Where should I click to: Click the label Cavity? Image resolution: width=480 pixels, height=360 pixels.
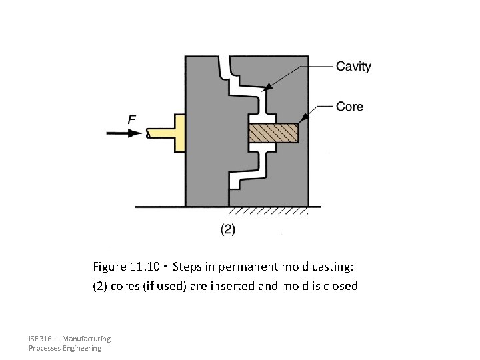pos(353,66)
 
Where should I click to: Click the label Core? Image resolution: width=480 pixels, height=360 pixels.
pos(349,107)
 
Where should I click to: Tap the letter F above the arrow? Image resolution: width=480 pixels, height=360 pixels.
pos(132,119)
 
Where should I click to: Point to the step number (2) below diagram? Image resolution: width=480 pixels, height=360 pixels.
pos(227,229)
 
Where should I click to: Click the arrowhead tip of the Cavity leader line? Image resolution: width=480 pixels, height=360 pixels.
pos(267,88)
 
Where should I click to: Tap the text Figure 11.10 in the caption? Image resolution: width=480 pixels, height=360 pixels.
pos(125,267)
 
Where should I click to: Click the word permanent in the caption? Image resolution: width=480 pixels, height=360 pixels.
pos(248,267)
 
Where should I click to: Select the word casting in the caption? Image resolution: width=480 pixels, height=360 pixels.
pos(335,267)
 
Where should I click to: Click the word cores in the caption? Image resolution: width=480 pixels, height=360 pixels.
pos(121,286)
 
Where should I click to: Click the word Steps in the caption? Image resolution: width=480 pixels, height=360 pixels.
pos(187,267)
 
